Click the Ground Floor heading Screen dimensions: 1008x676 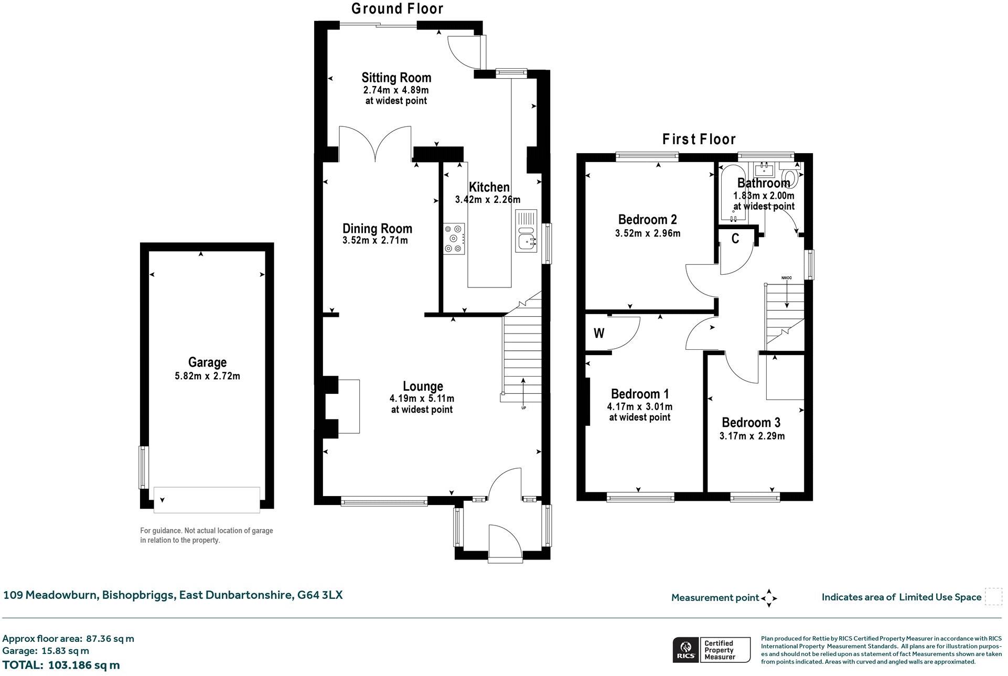pos(397,9)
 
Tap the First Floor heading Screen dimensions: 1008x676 pos(699,139)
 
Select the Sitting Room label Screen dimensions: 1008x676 pos(396,78)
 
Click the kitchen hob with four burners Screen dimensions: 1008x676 pos(454,239)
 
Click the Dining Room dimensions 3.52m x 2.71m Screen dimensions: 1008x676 pos(375,241)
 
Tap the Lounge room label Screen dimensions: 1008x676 pos(423,387)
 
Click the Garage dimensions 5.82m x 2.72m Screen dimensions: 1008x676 pos(207,376)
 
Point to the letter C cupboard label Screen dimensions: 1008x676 pos(735,239)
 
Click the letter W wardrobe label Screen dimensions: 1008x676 pos(599,333)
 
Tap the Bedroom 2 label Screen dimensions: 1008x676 pos(647,220)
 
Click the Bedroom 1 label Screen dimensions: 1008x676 pos(640,394)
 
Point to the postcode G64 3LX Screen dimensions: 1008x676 pos(320,595)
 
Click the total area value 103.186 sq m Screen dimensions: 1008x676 pos(84,665)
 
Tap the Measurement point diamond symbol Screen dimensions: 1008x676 pos(769,598)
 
